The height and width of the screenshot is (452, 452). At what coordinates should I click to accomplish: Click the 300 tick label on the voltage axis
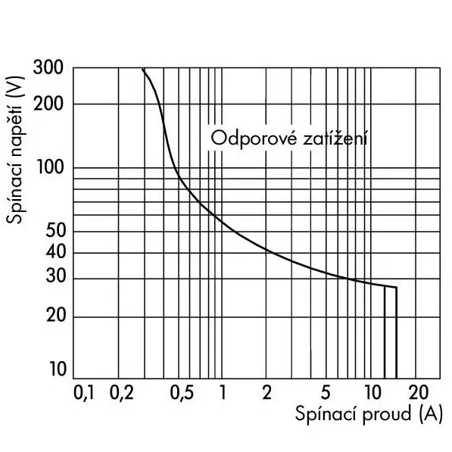tap(48, 67)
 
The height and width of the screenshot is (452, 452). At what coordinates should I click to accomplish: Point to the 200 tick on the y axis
tap(48, 104)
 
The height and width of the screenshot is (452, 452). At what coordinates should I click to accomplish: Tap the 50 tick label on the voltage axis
tap(55, 231)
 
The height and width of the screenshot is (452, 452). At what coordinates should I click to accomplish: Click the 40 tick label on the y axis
tap(55, 252)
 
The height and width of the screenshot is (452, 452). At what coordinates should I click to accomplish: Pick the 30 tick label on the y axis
tap(55, 276)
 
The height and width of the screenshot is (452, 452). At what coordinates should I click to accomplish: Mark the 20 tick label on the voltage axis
tap(55, 315)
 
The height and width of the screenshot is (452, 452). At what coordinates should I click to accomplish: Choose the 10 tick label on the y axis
tap(58, 369)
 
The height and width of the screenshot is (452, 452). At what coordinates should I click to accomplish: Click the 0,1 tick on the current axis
tap(84, 392)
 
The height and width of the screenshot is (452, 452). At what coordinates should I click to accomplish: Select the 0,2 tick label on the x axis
tap(121, 392)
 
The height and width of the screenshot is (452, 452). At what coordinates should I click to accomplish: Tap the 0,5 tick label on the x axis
tap(182, 392)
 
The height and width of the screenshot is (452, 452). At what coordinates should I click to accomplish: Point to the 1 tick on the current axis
tap(223, 392)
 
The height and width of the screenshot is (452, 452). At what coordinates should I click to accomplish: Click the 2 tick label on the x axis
tap(267, 392)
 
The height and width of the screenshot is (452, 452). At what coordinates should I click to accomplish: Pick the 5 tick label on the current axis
tap(325, 392)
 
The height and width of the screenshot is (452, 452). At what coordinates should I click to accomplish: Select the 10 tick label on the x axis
tap(373, 392)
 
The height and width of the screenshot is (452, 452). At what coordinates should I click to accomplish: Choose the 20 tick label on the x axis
tap(418, 392)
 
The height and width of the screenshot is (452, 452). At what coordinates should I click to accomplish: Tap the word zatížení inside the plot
tap(335, 138)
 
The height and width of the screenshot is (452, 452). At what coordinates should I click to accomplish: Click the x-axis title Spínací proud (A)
tap(369, 414)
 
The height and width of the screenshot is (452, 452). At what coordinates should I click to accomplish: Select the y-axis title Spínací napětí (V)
tap(15, 150)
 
